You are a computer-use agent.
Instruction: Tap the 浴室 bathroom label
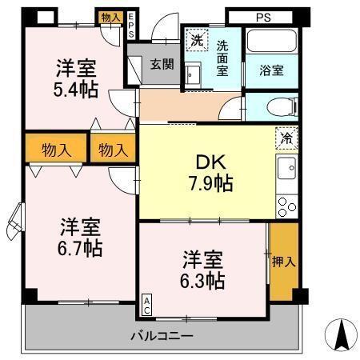pos(270,70)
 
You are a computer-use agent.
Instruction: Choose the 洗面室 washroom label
pos(221,58)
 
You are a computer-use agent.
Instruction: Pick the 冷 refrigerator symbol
pos(286,137)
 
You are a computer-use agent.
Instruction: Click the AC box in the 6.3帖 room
pos(147,304)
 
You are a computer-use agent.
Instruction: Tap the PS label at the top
pos(264,15)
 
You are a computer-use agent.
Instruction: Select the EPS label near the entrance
pos(132,26)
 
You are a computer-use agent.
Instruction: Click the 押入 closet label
pos(283,261)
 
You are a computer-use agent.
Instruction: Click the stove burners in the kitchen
pos(286,206)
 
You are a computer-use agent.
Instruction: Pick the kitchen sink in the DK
pos(286,169)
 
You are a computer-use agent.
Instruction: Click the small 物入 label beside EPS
pos(110,17)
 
